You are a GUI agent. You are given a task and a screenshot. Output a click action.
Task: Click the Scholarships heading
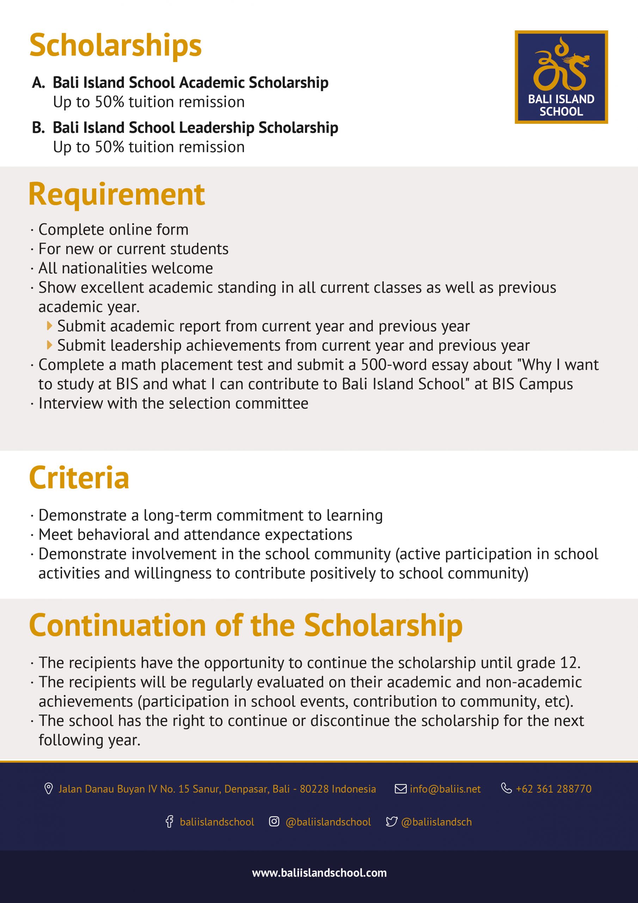coord(116,46)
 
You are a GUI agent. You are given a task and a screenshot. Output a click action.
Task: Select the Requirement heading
coord(117,195)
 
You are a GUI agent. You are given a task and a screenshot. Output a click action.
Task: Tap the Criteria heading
coord(79,478)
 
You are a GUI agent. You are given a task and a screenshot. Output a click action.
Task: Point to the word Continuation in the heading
coord(117,626)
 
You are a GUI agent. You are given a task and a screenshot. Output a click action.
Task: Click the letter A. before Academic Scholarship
coord(38,83)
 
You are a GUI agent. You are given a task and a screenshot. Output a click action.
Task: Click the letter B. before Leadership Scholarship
coord(38,128)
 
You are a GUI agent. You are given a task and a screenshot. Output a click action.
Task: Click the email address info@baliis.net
coord(445,789)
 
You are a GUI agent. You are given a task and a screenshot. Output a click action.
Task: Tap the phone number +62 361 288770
coord(553,789)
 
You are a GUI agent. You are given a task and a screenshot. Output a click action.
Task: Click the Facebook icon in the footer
coord(169,822)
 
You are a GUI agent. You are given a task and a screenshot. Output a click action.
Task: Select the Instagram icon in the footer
coord(274,822)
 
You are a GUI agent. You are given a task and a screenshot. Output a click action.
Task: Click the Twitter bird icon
coord(392,822)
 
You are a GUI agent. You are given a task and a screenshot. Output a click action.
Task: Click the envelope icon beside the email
coord(400,789)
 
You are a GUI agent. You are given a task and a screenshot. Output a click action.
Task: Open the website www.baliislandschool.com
coord(319,873)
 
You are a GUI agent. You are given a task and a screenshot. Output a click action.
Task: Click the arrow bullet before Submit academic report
coord(49,326)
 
